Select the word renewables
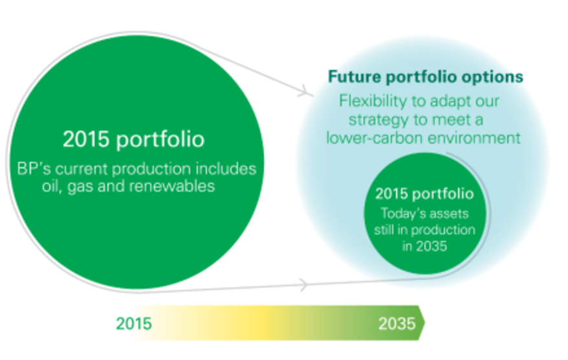(x=172, y=186)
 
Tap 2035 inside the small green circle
(x=431, y=247)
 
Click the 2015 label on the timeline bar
(x=134, y=324)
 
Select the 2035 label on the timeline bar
(x=397, y=324)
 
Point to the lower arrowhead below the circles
(x=303, y=285)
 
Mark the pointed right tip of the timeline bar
(x=425, y=322)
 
